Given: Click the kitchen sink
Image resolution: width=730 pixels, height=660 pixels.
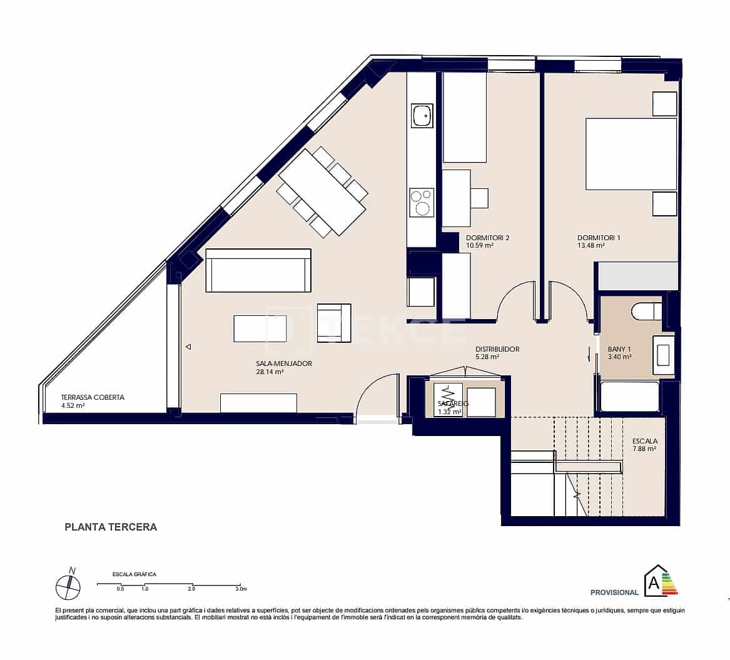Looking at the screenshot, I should (422, 116).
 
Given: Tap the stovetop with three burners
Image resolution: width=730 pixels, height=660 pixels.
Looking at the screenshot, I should (422, 203).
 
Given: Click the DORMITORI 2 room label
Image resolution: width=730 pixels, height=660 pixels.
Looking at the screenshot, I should (487, 238).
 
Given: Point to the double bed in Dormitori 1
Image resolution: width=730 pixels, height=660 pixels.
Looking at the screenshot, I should (631, 154).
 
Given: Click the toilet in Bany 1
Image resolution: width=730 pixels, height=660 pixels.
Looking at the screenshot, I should (645, 310).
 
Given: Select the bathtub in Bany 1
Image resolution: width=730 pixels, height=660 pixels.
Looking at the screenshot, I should (629, 396).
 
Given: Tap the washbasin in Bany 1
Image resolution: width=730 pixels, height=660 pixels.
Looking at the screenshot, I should (663, 354).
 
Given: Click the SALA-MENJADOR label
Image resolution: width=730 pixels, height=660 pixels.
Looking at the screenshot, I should (283, 363).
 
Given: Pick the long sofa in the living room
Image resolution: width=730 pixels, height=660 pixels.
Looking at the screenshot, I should (258, 270).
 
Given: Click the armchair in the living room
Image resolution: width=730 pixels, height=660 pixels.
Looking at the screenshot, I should (333, 323).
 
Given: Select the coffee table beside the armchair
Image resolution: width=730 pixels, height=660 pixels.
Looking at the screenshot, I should (260, 328).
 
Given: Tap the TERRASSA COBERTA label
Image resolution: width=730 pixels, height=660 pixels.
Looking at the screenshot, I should (93, 397).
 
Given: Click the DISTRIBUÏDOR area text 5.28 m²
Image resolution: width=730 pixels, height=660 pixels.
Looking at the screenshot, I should (487, 357).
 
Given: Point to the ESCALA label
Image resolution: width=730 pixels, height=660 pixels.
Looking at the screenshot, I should (644, 441).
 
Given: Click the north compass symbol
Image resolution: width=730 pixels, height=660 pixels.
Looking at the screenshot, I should (68, 587).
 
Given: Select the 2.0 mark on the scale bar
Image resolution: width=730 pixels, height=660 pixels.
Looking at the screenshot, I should (191, 589).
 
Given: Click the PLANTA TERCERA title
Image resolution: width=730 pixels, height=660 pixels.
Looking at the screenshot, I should (111, 527).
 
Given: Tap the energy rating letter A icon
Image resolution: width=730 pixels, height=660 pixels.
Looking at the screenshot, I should (654, 582).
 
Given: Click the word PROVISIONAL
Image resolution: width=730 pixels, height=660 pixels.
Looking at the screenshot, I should (614, 592).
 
